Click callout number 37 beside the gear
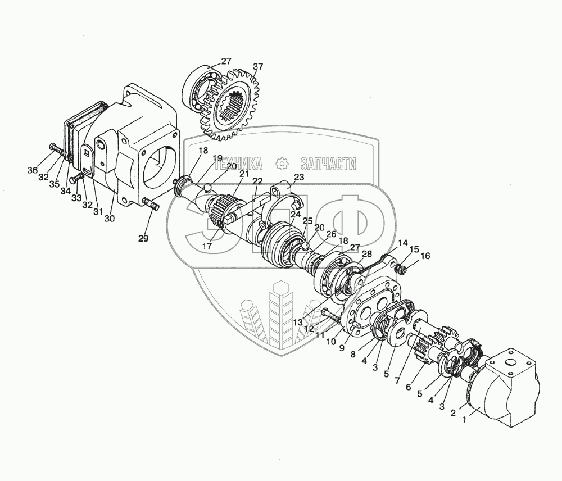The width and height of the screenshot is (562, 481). pos(258,67)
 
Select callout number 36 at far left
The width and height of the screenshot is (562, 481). pos(33,171)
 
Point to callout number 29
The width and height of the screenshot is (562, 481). pos(143,238)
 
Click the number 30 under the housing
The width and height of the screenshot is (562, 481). pos(110,218)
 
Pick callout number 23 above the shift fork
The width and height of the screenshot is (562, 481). pos(299,177)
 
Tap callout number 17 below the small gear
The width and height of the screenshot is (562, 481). pos(207,246)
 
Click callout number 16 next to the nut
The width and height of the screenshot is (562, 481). pos(425,256)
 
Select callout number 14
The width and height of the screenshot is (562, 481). pos(403,243)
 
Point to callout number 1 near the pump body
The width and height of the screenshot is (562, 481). pos(465,420)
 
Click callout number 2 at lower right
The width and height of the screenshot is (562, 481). pos(453,413)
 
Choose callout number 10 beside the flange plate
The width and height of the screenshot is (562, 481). pos(332,342)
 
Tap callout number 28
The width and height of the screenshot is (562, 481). pos(366,254)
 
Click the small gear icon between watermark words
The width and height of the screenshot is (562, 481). pos(282,164)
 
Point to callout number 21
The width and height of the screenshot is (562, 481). pos(244,174)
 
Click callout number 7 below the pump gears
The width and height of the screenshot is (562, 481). pos(397,380)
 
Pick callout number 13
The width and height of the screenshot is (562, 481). pos(298,322)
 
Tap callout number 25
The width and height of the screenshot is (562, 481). pos(307,220)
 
